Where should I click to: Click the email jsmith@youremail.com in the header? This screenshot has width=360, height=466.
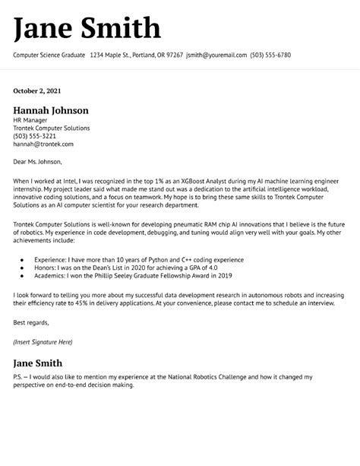(216, 55)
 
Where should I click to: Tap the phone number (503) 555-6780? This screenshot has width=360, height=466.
(270, 55)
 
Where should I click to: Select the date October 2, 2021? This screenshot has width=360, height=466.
(38, 91)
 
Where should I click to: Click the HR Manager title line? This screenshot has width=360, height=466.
(31, 120)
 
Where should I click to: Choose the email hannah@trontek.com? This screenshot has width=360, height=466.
(43, 144)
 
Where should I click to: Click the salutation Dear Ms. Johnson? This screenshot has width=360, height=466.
(37, 161)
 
